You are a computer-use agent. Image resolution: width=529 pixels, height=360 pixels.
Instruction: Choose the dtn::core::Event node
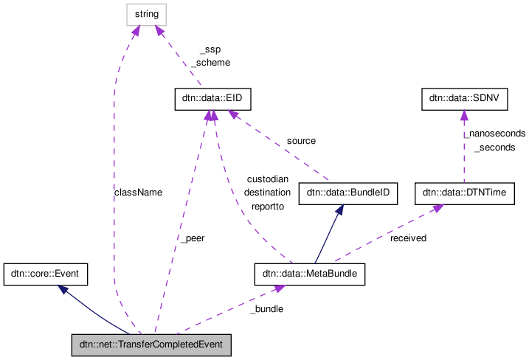click(46, 275)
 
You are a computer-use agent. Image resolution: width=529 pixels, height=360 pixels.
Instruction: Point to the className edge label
click(138, 192)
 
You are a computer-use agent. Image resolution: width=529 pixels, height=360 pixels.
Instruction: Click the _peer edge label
click(192, 238)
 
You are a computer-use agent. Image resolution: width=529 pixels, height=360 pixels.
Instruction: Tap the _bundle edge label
click(266, 308)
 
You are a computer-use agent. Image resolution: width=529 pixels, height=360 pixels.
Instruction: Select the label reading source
click(301, 140)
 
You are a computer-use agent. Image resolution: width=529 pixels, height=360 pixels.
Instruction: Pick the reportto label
click(267, 207)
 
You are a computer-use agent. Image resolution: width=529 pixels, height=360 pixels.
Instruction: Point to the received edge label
click(408, 238)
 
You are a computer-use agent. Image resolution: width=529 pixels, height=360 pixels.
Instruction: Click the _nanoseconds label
click(494, 134)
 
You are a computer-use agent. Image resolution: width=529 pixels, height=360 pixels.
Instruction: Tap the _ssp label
click(210, 49)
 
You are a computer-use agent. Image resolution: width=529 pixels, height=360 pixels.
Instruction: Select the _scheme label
click(210, 63)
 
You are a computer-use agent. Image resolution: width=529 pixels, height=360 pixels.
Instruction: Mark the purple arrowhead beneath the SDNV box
click(463, 116)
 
